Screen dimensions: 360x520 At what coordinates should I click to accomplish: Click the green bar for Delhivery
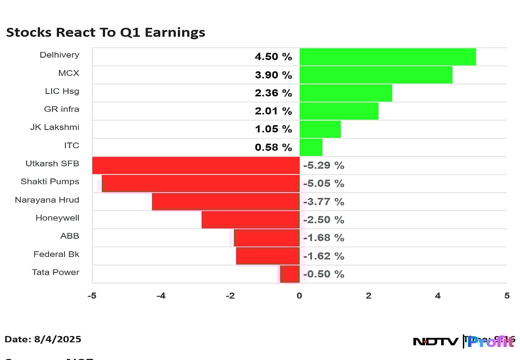387,57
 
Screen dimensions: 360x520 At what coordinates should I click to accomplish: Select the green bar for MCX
376,75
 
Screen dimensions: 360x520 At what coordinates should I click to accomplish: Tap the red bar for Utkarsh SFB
196,165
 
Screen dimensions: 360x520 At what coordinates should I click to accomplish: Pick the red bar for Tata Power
290,274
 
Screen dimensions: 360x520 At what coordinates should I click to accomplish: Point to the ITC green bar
311,147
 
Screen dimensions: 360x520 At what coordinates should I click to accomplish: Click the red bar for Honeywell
250,220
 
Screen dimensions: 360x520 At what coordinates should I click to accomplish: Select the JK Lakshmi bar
320,129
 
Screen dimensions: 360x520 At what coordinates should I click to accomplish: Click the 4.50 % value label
273,57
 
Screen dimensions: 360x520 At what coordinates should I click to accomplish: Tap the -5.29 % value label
324,165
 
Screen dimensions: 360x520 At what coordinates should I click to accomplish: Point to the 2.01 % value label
273,111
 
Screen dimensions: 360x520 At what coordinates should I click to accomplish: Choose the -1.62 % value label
324,256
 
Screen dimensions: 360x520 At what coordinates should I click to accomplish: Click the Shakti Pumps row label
50,182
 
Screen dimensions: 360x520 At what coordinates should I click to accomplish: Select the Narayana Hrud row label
47,200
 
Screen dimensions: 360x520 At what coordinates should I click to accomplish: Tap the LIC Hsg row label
62,91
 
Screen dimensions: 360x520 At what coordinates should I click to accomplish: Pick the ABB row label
70,236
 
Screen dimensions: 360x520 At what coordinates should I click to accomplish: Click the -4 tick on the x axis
161,296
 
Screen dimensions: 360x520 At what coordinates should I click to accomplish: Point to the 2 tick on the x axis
368,296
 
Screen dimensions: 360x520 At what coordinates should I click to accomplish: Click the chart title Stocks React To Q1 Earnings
105,32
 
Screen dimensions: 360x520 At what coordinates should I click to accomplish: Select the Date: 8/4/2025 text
43,339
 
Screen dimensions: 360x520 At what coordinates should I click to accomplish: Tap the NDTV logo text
435,342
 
